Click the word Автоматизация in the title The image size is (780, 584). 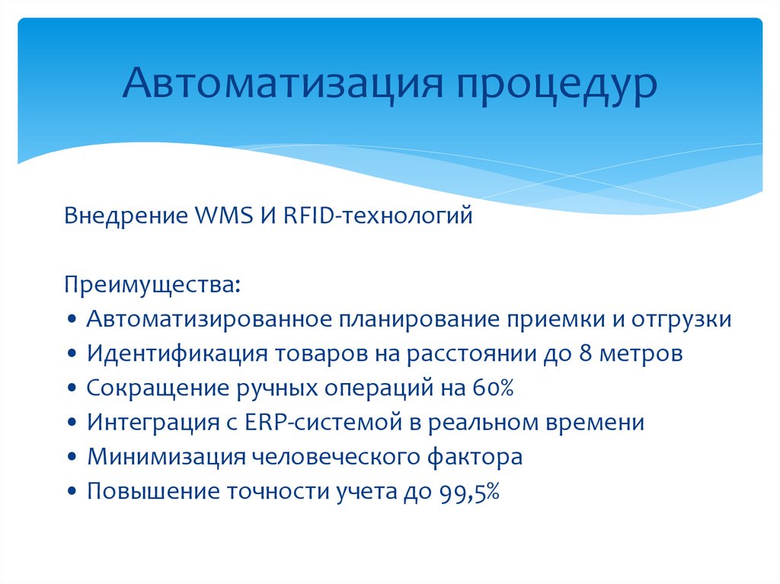click(283, 81)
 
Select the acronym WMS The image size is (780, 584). click(224, 215)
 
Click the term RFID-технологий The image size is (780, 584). click(378, 216)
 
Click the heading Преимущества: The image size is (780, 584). click(152, 286)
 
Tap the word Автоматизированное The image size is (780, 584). click(209, 319)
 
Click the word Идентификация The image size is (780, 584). click(177, 354)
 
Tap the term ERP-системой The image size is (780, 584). click(323, 423)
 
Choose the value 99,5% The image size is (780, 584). click(469, 492)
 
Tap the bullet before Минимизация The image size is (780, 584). click(72, 458)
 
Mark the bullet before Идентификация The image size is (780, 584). click(72, 354)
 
